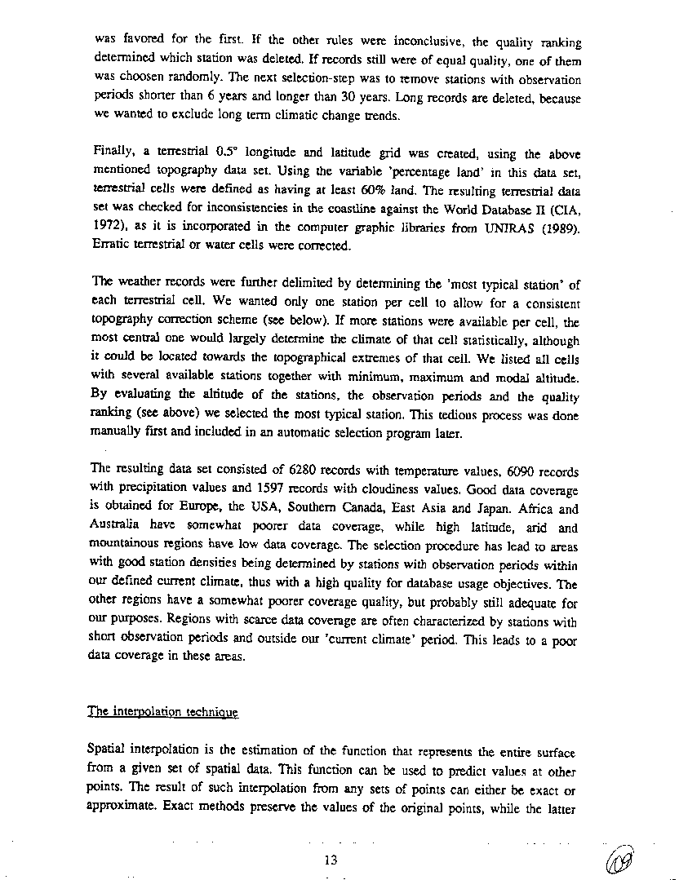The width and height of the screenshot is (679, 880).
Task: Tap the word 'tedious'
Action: click(x=461, y=416)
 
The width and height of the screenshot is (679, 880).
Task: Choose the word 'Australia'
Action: click(x=116, y=527)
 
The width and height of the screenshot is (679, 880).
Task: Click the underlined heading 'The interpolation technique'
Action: click(x=164, y=712)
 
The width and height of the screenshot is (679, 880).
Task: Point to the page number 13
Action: click(x=330, y=859)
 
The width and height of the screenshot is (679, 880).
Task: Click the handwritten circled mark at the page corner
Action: click(x=622, y=858)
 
